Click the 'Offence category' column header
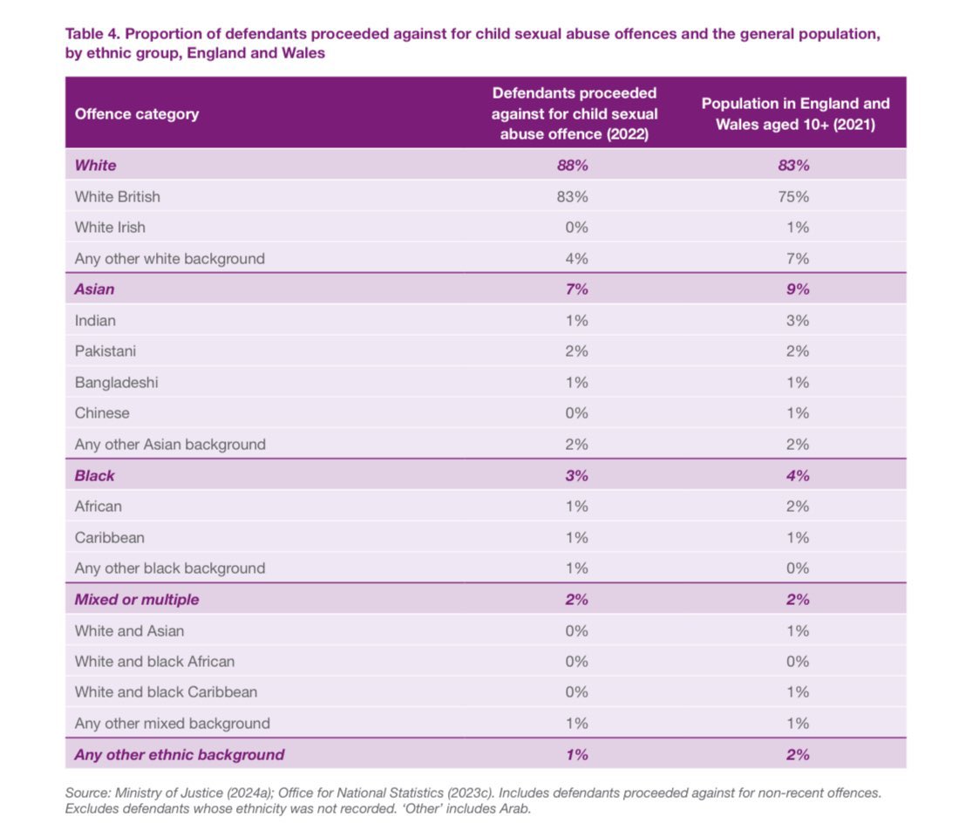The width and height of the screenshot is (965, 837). tap(136, 113)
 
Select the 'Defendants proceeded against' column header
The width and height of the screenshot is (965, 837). tap(574, 113)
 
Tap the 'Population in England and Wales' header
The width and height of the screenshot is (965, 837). tap(796, 113)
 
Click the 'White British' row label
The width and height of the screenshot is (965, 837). tap(118, 196)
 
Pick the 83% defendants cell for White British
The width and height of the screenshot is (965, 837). tap(573, 196)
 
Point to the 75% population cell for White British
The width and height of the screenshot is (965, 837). tap(795, 196)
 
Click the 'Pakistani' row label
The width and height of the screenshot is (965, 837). tap(105, 351)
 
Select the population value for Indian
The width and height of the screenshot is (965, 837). tap(797, 320)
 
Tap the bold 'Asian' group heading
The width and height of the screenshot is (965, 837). tap(94, 289)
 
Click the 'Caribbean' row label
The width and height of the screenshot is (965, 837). tap(110, 537)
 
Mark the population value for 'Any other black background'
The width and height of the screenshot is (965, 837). tap(797, 568)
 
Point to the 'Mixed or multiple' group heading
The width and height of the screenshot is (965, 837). tap(137, 599)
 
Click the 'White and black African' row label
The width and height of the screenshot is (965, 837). tap(154, 661)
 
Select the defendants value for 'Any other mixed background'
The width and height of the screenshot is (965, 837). tap(575, 723)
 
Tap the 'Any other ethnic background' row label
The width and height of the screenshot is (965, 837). tap(180, 754)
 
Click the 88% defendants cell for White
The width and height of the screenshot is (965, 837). tap(573, 165)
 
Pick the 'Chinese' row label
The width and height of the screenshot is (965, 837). tap(102, 413)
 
